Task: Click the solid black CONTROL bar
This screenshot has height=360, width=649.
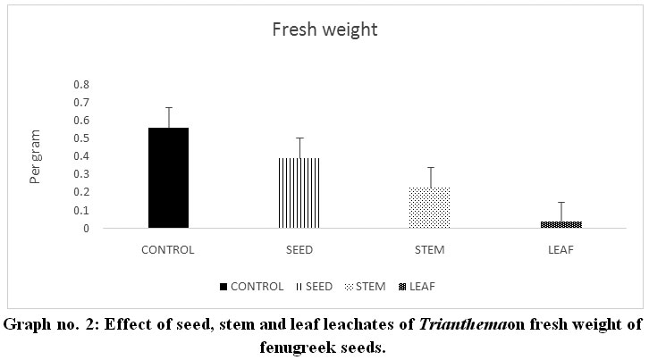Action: coord(168,178)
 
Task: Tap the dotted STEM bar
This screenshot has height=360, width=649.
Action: coord(430,207)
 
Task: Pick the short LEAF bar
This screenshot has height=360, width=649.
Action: coord(561,224)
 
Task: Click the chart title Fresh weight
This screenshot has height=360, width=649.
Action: coord(324,29)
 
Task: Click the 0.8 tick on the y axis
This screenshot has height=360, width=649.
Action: coord(81,84)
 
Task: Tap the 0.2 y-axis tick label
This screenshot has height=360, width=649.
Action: coord(81,192)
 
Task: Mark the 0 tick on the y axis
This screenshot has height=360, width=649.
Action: coord(87,229)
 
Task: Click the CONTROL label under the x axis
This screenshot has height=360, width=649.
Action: coord(168,249)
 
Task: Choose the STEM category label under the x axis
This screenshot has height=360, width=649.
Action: coord(430,249)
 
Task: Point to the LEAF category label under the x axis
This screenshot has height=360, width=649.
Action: coord(561,249)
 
